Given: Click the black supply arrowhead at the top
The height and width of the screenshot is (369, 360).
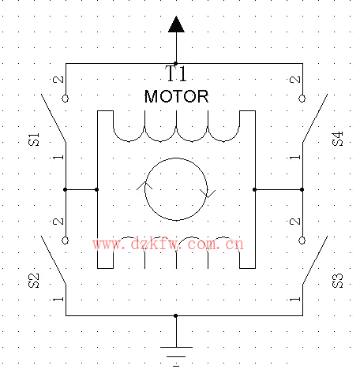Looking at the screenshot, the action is tap(176, 24).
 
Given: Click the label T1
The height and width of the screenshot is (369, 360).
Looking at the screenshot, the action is tap(176, 73).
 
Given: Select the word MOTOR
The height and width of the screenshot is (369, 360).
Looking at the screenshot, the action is tap(176, 96).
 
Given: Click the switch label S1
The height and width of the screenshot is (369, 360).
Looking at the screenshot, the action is tap(34, 139).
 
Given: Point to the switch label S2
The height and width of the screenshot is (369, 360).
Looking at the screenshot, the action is tap(34, 281).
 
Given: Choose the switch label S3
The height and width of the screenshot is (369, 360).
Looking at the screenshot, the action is tap(338, 281).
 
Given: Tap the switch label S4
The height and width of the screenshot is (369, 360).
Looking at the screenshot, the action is tap(338, 139).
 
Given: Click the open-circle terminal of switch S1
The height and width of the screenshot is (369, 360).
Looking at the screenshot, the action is tap(66, 99).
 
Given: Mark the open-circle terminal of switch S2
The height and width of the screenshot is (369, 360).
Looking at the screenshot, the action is tap(66, 240).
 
